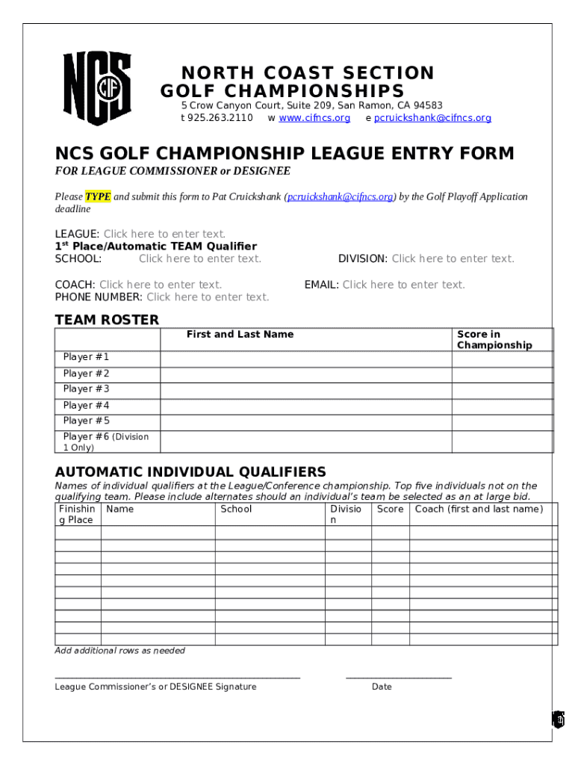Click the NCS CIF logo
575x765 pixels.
point(96,88)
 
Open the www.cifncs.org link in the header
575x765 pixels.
point(314,118)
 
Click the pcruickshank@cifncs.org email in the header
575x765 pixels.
point(432,118)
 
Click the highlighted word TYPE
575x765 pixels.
point(98,197)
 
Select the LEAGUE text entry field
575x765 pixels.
point(164,235)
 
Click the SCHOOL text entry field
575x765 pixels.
point(200,259)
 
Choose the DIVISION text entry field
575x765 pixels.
point(453,259)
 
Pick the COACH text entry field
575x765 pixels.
point(161,285)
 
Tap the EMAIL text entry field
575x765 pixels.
point(403,285)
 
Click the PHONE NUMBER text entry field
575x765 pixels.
point(208,297)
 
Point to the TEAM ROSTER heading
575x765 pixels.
point(107,320)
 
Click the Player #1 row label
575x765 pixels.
point(87,357)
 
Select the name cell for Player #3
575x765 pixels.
point(305,389)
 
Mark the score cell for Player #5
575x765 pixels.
point(502,421)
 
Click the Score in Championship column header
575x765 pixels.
point(494,340)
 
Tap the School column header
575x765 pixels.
point(236,510)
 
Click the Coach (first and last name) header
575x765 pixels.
point(479,510)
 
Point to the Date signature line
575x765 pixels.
point(398,677)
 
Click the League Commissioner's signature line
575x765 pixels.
point(177,677)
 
